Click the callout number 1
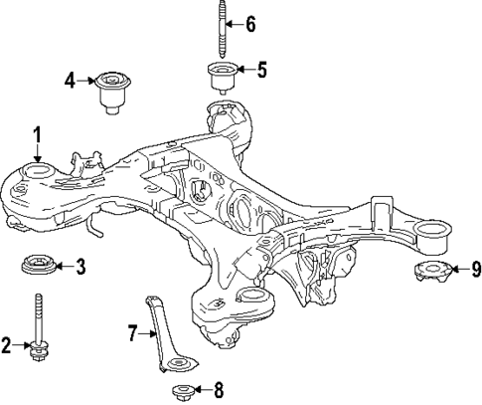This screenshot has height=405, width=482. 37,133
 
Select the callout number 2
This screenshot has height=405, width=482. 7,345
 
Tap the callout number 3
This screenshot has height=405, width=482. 80,266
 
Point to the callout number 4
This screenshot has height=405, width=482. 71,79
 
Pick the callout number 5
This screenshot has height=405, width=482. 261,70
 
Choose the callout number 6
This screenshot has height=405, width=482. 249,22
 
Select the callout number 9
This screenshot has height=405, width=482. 475,268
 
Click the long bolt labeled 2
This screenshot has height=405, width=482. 39,328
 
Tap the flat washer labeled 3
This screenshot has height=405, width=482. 39,266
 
